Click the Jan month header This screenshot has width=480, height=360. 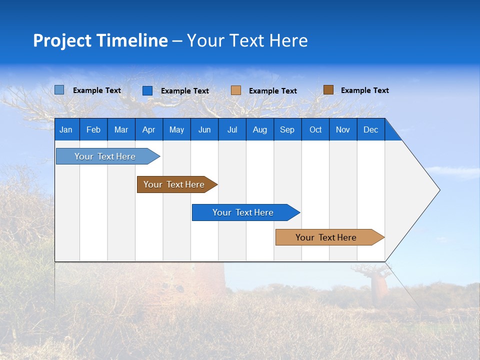pos(66,129)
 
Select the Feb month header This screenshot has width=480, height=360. pos(93,129)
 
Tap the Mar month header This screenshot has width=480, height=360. pos(121,129)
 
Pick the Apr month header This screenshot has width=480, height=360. pos(149,129)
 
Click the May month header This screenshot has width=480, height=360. pos(176,129)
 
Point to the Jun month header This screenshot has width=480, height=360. pos(204,129)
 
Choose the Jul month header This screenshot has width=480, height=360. pos(232,129)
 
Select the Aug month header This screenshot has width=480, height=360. pos(260,129)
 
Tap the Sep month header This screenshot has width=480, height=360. pos(287,129)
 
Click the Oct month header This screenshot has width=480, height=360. pos(315,129)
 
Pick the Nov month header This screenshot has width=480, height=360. pos(343,129)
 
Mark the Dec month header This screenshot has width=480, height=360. pos(371,129)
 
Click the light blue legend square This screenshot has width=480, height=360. pos(59,90)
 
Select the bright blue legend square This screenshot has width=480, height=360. pos(147,90)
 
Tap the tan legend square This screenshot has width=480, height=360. pos(236,90)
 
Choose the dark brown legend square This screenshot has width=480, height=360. pos(328,90)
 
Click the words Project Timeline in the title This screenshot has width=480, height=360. pos(100,40)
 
